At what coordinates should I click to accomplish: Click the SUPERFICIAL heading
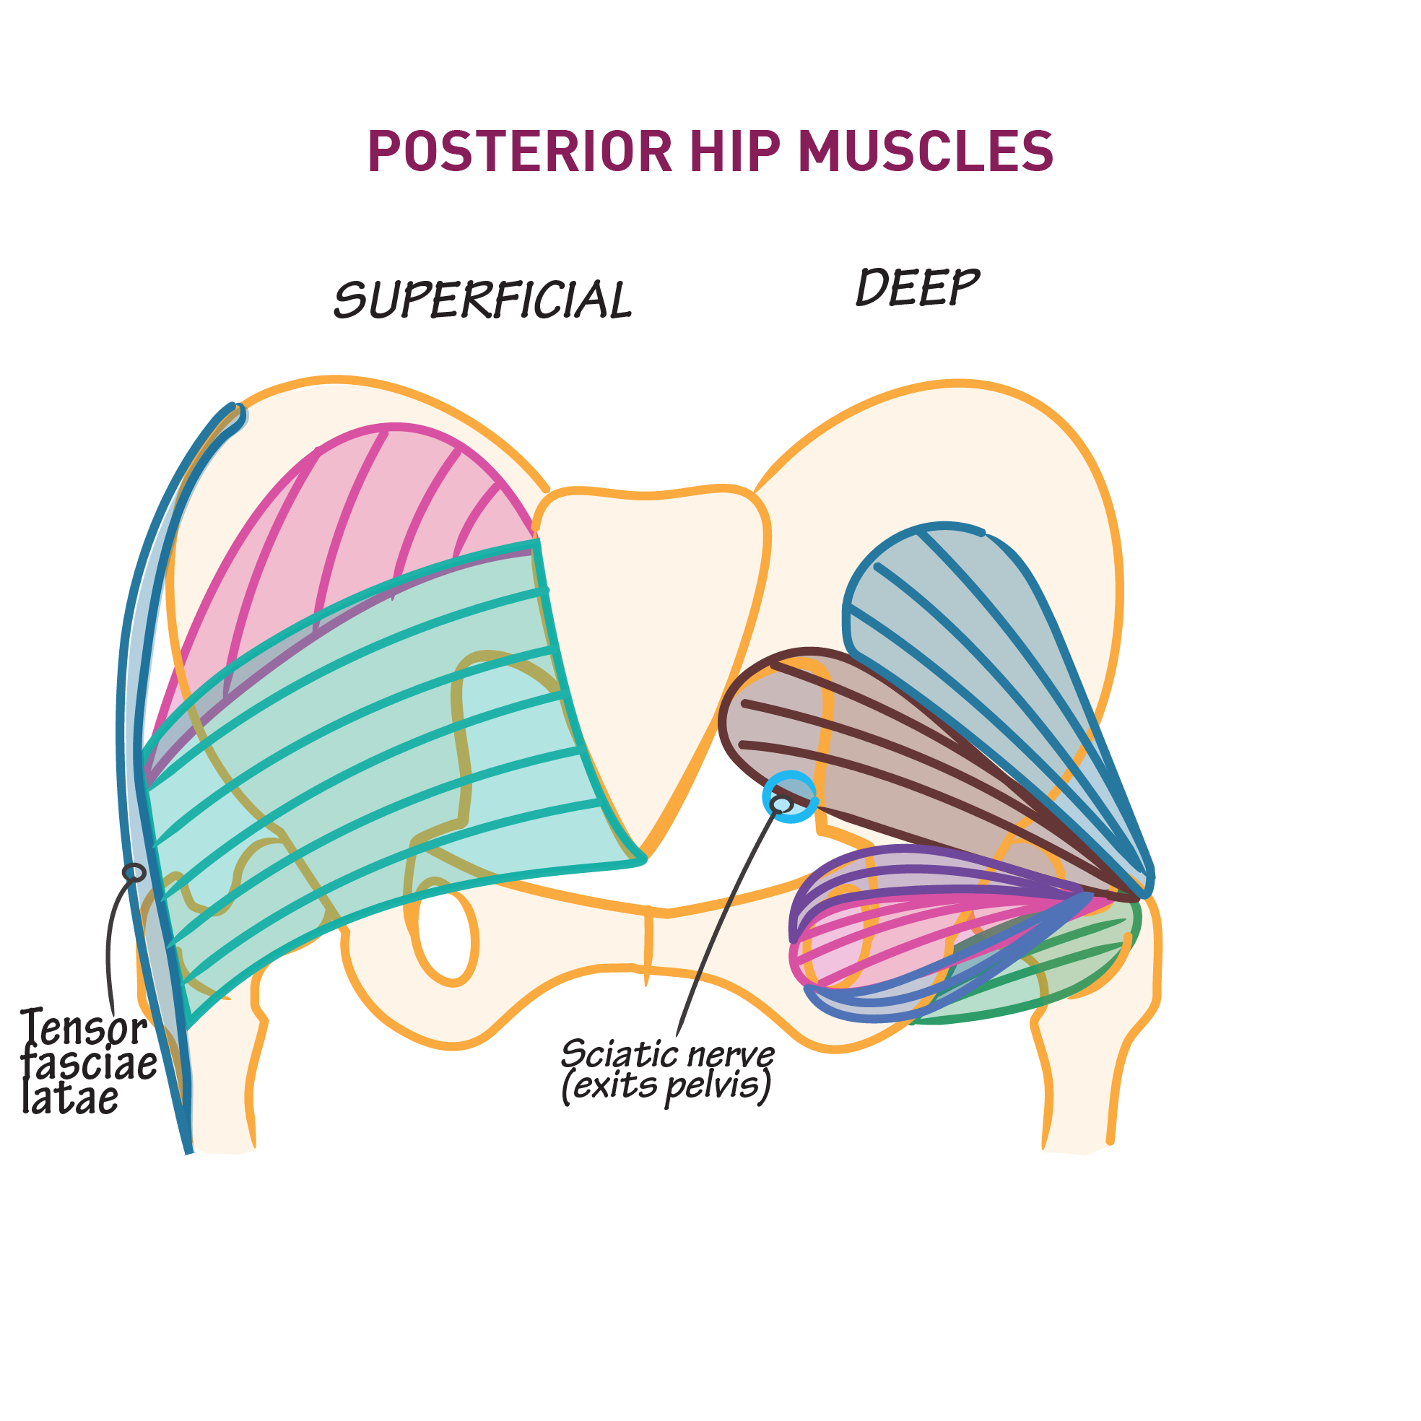click(x=482, y=300)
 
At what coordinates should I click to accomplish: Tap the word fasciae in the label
click(x=88, y=1064)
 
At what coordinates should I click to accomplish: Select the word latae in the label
click(x=70, y=1098)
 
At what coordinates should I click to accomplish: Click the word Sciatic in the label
click(x=614, y=1054)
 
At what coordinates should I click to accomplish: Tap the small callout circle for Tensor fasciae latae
click(x=134, y=872)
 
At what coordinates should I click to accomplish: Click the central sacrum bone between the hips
click(x=651, y=625)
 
